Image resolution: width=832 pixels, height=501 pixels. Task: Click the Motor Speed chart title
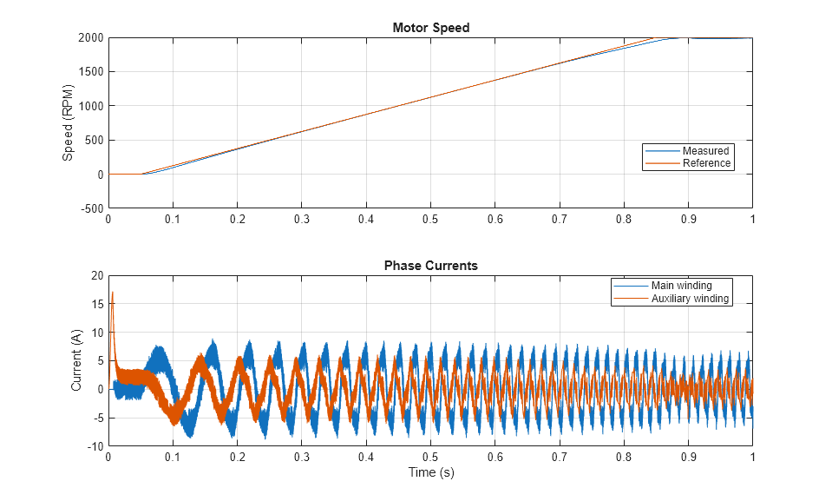(x=430, y=28)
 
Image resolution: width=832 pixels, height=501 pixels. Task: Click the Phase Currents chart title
(x=430, y=266)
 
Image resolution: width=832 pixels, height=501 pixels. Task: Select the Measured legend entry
(x=705, y=151)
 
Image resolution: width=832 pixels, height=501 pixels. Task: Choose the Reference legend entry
(x=706, y=163)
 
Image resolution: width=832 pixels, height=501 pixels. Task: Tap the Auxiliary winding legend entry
(x=690, y=299)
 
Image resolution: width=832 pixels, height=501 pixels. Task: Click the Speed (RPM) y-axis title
(x=68, y=122)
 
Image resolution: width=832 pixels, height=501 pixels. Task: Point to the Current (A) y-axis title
(x=76, y=360)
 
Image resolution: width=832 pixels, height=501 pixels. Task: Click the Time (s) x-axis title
(x=430, y=473)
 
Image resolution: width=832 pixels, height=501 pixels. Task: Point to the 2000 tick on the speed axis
(x=90, y=38)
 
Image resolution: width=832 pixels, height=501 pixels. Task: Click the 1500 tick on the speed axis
(x=90, y=72)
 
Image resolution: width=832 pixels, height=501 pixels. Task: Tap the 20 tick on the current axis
(x=96, y=276)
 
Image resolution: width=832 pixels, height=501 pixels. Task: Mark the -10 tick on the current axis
(x=95, y=446)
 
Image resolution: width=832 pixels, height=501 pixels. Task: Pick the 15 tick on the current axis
(x=96, y=305)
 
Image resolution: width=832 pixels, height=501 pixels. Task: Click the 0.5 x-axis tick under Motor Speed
(x=430, y=220)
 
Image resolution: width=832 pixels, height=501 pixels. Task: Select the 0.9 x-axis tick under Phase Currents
(x=688, y=457)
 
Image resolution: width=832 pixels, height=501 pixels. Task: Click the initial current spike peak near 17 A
(x=113, y=293)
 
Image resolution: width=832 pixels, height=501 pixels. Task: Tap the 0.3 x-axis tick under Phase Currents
(x=301, y=457)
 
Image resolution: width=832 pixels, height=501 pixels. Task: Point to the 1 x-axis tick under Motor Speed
(x=751, y=220)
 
